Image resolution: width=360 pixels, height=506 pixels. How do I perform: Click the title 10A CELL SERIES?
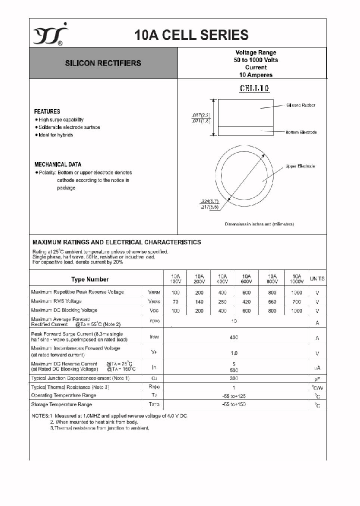point(191,35)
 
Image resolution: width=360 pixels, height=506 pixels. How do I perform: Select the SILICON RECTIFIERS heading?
point(103,63)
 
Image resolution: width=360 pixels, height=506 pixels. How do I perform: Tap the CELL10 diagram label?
point(254,88)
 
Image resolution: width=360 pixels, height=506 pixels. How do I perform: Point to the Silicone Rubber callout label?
point(300,105)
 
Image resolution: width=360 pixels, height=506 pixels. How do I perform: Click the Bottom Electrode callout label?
point(301,132)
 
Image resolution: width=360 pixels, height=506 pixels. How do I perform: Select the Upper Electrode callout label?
point(300,166)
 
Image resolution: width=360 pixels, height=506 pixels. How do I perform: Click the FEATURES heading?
point(47,111)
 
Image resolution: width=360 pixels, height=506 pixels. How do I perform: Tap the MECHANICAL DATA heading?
point(57,164)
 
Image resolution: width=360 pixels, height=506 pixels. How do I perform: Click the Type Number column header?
point(89,279)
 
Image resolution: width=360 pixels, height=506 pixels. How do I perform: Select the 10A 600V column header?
point(246,278)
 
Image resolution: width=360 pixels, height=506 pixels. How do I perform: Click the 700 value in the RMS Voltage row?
point(296,301)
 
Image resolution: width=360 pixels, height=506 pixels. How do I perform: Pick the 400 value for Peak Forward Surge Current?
point(234,337)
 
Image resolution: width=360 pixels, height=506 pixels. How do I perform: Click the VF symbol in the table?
point(154,352)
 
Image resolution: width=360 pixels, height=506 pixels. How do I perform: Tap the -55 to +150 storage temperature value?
point(234,404)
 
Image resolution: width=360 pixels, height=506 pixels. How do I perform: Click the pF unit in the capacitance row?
point(317,379)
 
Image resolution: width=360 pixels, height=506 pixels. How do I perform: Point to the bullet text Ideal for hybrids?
point(55,135)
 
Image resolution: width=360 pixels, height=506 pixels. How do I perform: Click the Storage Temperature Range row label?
point(61,404)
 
